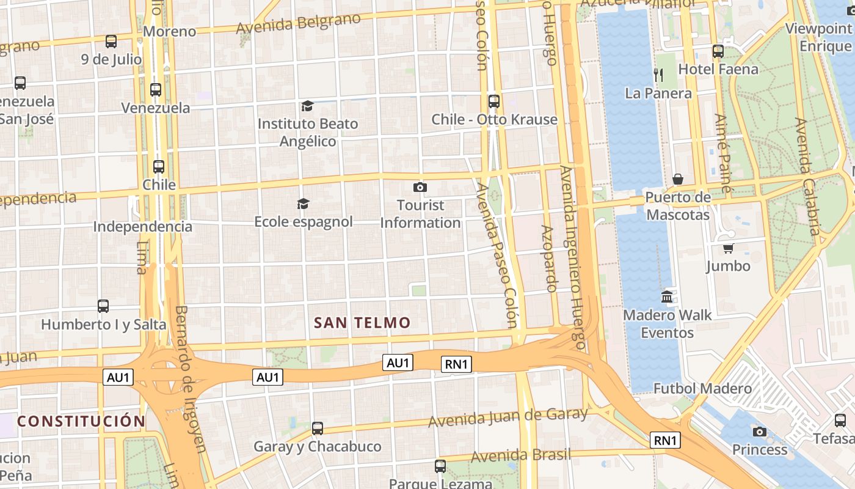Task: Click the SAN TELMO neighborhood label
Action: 362,323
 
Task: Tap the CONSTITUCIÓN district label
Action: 81,421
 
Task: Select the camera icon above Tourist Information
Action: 420,187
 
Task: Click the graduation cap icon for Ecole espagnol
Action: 303,204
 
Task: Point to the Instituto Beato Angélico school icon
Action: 307,106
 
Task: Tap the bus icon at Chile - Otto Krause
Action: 494,101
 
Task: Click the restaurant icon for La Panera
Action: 658,75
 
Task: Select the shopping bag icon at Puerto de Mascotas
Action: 678,179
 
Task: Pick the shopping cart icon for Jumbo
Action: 728,248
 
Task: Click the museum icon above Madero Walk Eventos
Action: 667,297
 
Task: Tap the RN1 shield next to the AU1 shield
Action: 456,365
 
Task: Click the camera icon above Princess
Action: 760,432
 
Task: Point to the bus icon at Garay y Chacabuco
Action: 318,428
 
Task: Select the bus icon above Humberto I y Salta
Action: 103,306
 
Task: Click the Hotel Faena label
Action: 718,69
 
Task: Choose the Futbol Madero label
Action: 702,389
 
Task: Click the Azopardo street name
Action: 549,258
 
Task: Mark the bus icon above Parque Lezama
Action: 440,466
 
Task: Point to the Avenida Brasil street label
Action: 521,455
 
